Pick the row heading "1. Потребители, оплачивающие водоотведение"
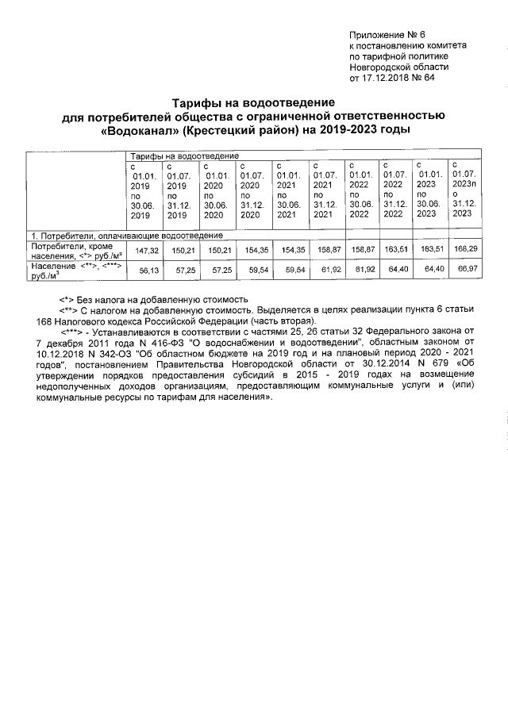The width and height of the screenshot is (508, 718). coord(126,236)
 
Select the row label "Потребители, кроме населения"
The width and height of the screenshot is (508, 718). coord(71,251)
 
